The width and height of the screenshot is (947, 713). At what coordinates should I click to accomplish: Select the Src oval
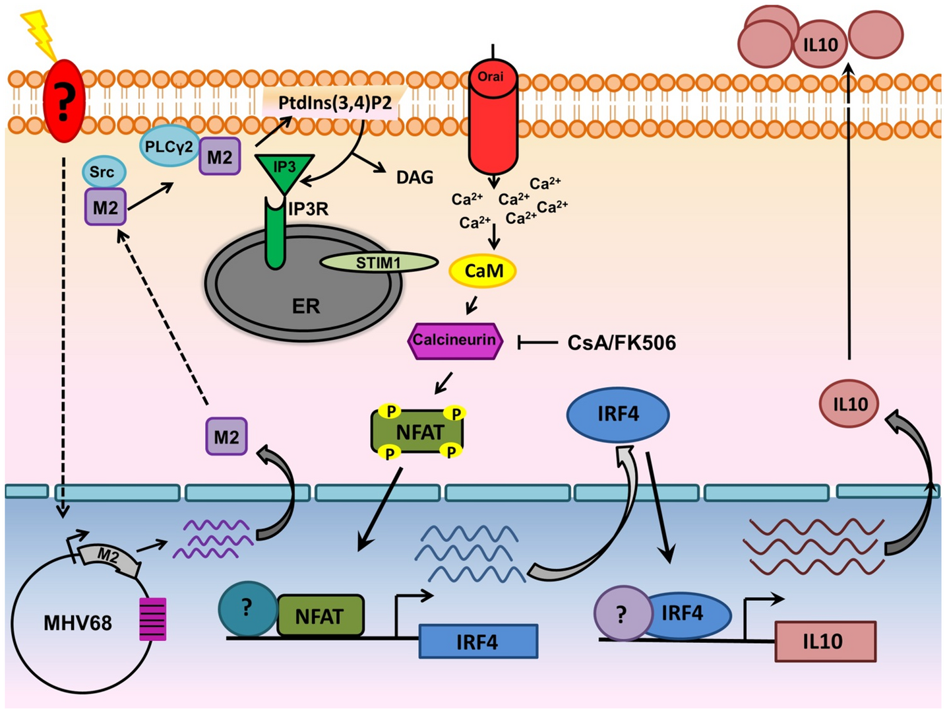(x=104, y=172)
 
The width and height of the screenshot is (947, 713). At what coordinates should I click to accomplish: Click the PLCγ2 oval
(x=169, y=146)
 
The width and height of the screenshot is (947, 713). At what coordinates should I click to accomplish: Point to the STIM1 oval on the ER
(x=379, y=263)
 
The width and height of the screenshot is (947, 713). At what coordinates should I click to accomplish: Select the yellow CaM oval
(x=483, y=271)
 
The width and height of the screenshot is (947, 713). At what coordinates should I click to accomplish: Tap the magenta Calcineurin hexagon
(x=455, y=341)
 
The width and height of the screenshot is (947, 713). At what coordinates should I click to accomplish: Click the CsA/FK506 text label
(x=621, y=343)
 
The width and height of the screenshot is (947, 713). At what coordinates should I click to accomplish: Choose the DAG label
(x=414, y=177)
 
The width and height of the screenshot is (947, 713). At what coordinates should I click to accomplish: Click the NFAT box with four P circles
(x=418, y=432)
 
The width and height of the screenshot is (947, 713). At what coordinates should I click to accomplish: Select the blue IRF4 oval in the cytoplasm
(x=618, y=414)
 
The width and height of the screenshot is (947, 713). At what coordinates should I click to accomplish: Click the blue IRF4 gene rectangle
(x=478, y=641)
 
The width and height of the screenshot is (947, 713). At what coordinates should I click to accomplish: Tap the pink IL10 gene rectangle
(x=824, y=641)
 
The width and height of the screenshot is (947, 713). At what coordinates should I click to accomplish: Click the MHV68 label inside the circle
(x=77, y=623)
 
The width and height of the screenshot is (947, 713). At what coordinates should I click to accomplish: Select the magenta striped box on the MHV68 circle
(x=152, y=619)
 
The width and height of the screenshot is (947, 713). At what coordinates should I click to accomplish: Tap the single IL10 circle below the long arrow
(x=849, y=403)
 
